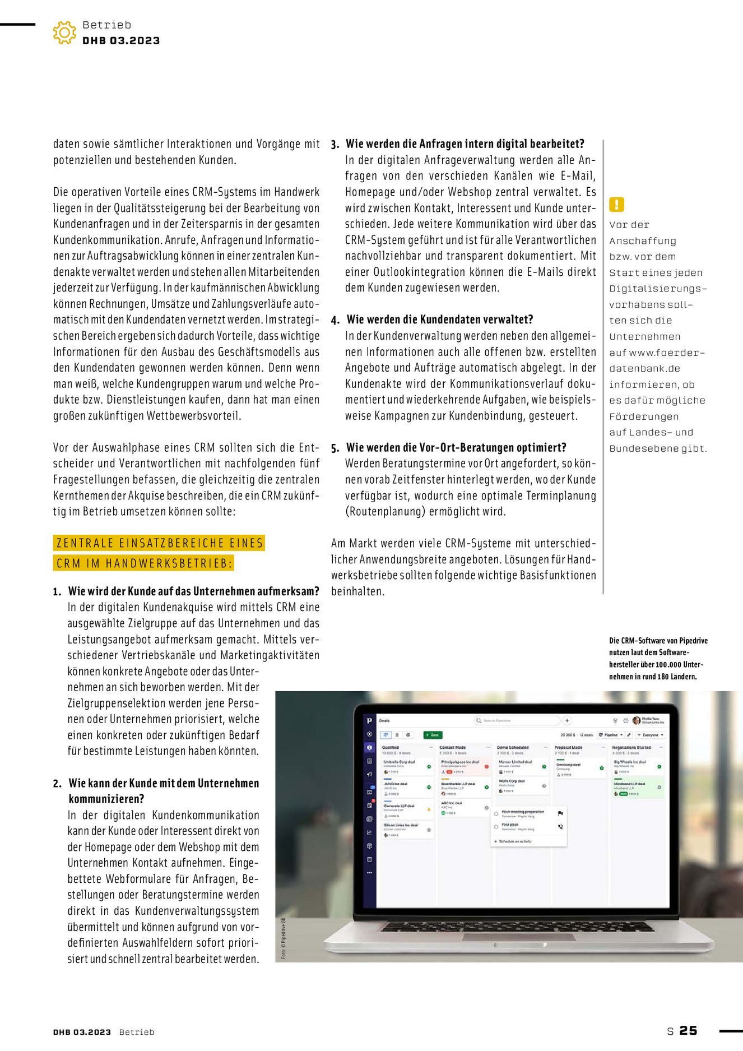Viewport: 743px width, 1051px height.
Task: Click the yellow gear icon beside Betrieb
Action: (64, 33)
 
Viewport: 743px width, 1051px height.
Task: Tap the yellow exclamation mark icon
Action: (616, 205)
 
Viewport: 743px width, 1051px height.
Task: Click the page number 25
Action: (688, 1030)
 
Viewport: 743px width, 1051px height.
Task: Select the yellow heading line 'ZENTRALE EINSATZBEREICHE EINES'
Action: (160, 543)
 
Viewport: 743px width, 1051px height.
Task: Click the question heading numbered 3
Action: (465, 144)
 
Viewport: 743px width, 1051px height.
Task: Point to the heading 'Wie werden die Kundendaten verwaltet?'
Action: (439, 320)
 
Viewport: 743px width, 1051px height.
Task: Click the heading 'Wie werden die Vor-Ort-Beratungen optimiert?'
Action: (456, 447)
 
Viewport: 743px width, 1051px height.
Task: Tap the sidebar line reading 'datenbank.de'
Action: (644, 368)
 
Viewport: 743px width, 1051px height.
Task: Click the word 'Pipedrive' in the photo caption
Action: (693, 641)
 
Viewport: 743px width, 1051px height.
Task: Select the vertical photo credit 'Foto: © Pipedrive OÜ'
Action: (284, 938)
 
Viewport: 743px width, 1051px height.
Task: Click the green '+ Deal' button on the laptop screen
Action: (431, 734)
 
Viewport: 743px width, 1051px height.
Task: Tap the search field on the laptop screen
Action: (517, 720)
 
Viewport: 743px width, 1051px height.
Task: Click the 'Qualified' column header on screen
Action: (391, 747)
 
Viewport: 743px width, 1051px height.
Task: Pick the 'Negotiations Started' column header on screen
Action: (631, 747)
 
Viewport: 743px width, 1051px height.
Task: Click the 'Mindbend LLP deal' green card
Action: (637, 788)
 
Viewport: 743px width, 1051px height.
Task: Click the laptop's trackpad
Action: (518, 937)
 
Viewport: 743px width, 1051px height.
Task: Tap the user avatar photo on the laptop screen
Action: (636, 720)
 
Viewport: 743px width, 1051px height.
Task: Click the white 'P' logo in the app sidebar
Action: (369, 720)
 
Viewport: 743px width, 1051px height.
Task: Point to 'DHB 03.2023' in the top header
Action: (121, 40)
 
